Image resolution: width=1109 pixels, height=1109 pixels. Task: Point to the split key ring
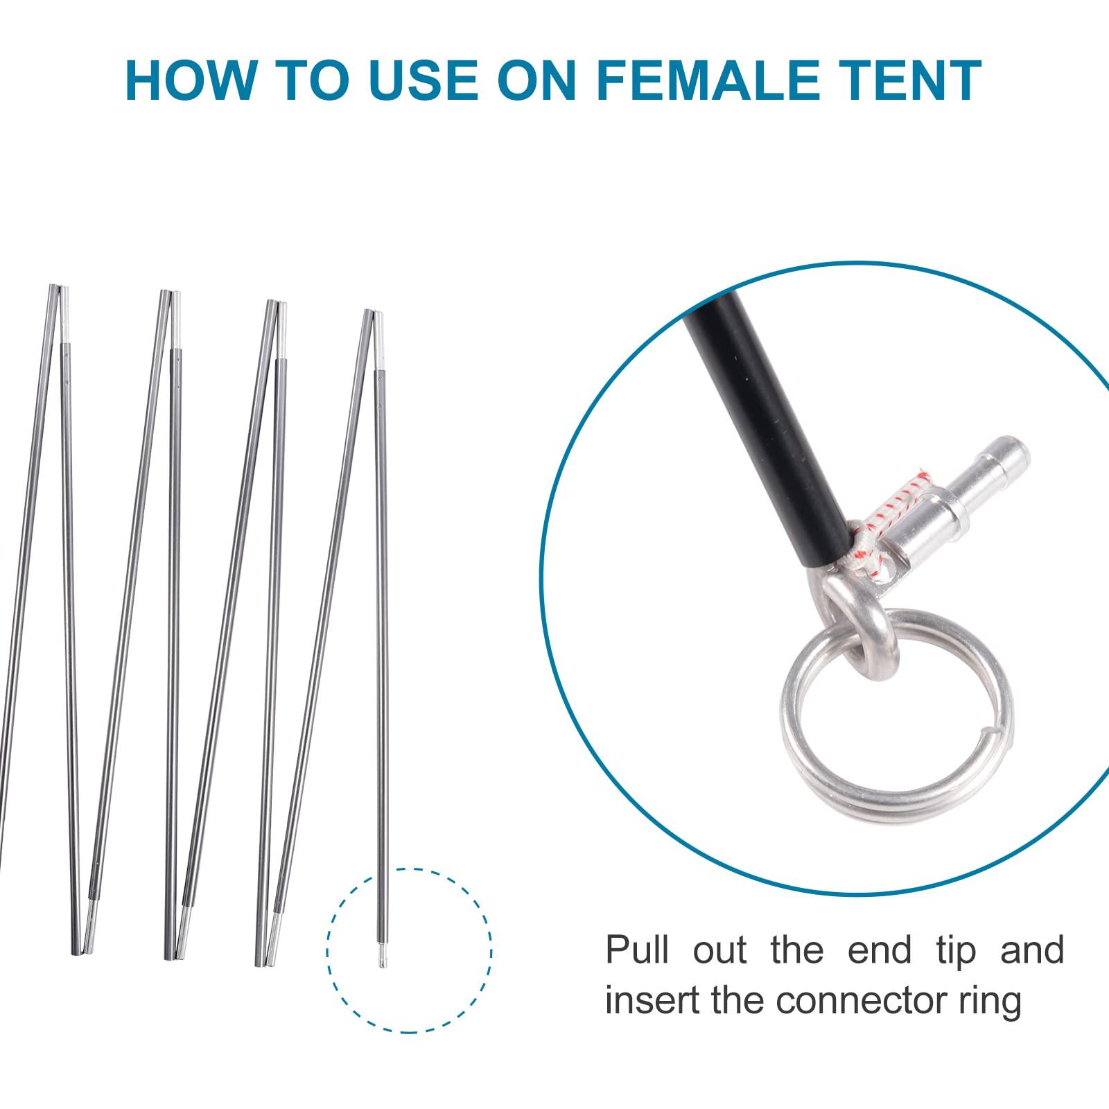pos(894,700)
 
